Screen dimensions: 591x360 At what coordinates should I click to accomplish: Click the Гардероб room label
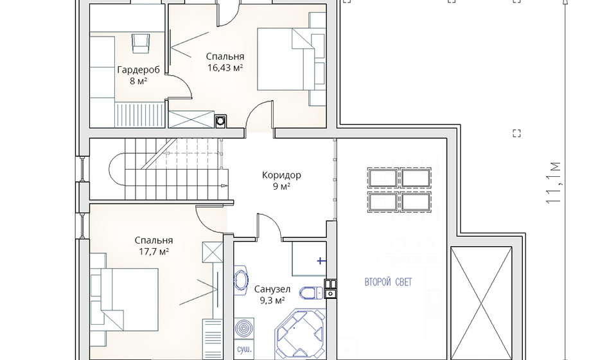pos(138,70)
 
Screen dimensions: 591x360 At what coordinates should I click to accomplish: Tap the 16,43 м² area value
pos(225,67)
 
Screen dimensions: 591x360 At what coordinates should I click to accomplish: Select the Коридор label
pos(281,175)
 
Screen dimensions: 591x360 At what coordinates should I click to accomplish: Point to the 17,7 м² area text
pos(154,251)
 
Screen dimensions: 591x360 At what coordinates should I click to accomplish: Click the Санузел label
pos(272,289)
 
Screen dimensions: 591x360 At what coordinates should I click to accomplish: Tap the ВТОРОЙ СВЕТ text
pos(388,282)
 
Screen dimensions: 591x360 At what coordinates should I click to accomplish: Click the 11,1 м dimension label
pos(554,183)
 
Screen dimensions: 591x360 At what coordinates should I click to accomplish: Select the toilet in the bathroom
pos(312,292)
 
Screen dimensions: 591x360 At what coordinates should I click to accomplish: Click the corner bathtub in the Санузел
pos(301,334)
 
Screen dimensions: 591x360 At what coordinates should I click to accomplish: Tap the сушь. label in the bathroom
pos(244,349)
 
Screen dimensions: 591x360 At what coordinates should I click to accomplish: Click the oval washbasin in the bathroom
pos(240,280)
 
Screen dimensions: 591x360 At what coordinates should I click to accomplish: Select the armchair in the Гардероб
pos(141,44)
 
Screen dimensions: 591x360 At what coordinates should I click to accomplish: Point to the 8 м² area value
pos(138,81)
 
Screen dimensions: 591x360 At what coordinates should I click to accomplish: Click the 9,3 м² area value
pos(272,300)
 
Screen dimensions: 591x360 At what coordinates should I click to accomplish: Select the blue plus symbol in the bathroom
pos(321,260)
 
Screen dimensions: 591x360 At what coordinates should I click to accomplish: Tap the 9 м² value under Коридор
pos(281,186)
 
